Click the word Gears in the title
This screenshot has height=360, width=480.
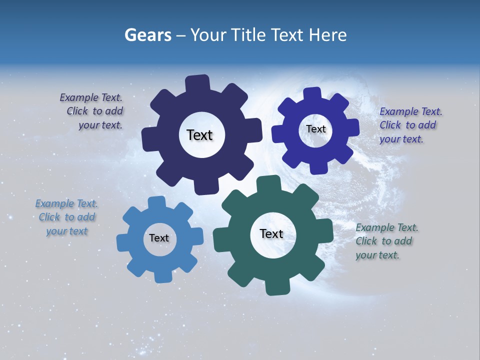coord(147,35)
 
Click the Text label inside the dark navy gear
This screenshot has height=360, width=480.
coord(199,135)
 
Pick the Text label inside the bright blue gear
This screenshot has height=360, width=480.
coord(315,129)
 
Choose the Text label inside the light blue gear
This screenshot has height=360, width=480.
coord(159,238)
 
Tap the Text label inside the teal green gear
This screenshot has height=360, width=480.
coord(271,233)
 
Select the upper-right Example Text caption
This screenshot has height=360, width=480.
coord(410,125)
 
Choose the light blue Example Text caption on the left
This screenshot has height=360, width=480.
coord(66,217)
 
